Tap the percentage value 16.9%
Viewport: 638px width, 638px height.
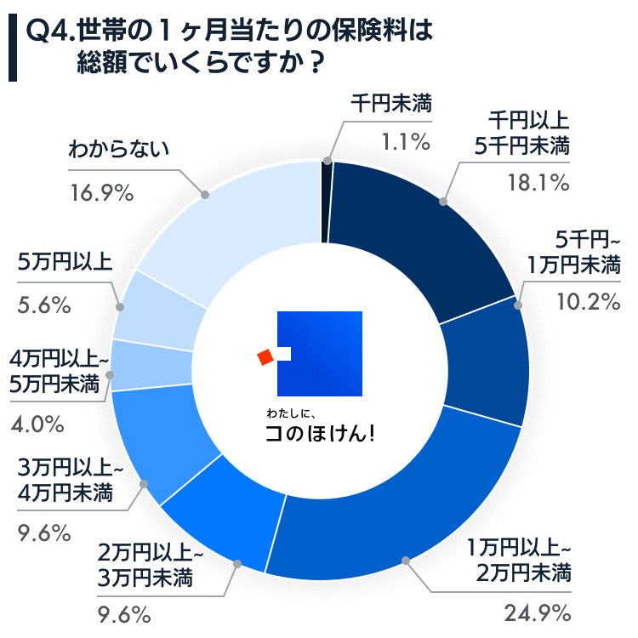[100, 193]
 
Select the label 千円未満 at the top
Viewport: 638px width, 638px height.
[392, 105]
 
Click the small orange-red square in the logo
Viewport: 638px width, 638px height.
[265, 356]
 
